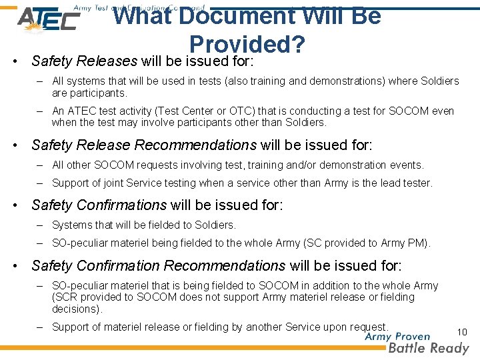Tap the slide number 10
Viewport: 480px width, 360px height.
coord(462,332)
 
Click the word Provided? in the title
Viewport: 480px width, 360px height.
coord(247,44)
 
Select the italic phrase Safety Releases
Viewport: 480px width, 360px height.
coord(84,61)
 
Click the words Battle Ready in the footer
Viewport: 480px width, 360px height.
coord(429,348)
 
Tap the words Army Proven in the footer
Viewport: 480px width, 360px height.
coord(397,337)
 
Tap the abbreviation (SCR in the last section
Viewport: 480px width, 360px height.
coord(65,297)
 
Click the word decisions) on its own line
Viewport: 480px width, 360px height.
coord(76,309)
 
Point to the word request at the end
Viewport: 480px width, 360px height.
coord(367,327)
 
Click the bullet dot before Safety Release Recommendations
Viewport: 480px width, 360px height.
coord(22,145)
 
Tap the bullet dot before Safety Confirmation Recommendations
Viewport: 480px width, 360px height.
coord(22,266)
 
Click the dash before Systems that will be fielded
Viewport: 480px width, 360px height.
coord(40,225)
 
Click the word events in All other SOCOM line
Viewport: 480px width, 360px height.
coord(407,165)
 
